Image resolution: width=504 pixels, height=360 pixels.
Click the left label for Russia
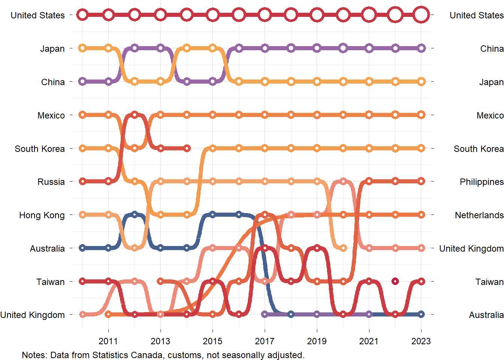point(51,182)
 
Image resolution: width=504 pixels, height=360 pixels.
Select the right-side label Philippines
point(481,182)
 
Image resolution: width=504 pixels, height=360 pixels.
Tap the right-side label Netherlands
point(479,215)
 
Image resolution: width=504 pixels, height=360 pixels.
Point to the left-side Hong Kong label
point(42,215)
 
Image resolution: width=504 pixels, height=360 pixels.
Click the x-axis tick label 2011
point(108,341)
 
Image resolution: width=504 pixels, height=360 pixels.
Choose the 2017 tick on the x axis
point(265,341)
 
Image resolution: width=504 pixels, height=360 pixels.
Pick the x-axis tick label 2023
point(421,341)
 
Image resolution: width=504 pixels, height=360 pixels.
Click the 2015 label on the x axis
point(213,341)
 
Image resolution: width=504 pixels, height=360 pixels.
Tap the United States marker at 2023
point(421,15)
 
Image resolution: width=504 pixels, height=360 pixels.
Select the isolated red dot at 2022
point(395,281)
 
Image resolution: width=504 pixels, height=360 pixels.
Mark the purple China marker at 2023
point(421,48)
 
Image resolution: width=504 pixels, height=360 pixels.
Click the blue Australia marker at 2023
point(421,314)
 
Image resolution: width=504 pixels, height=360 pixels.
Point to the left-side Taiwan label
point(50,282)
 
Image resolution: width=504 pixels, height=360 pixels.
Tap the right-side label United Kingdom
point(471,249)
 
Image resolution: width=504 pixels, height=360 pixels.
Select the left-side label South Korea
point(40,149)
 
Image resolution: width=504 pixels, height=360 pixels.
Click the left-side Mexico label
point(51,115)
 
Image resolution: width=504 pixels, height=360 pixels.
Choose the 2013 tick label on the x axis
point(160,341)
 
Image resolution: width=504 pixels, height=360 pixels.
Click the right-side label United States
point(476,15)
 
